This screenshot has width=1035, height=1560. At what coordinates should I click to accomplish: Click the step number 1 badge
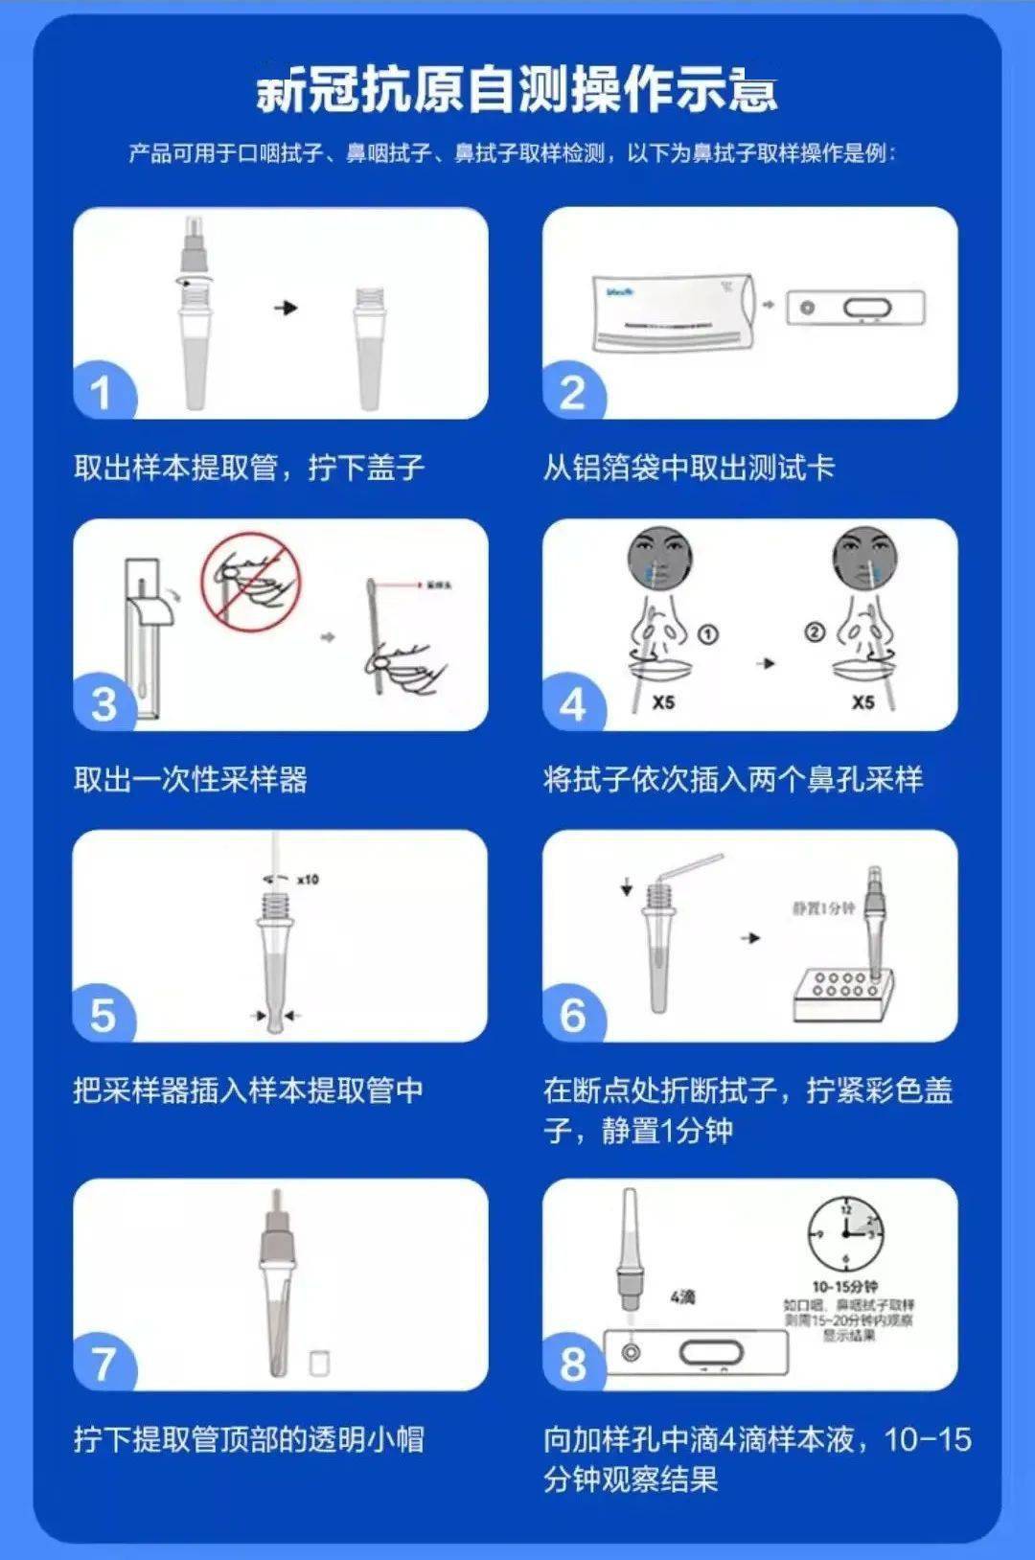coord(102,393)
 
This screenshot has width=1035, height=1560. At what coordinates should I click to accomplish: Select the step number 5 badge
coord(102,1016)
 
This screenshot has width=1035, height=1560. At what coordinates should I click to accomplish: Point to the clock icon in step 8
coord(845,1234)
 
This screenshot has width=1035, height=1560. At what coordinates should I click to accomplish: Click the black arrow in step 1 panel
coord(286,308)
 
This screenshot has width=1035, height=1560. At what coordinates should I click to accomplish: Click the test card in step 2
coord(855,308)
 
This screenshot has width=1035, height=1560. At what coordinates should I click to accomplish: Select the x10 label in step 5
coord(308,879)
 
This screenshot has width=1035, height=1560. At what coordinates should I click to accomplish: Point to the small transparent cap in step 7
coord(319,1363)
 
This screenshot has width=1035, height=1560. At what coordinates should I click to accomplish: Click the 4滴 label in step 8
coord(682,1296)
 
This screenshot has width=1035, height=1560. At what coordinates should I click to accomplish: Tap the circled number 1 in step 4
coord(708,634)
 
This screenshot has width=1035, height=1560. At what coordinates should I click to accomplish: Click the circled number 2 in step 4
coord(814,631)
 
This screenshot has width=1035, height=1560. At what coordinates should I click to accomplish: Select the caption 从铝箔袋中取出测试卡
coord(689,468)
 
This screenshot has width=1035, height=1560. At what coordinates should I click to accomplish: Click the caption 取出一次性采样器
coord(191,779)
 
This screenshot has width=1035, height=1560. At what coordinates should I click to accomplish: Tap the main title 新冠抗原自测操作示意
coord(517,92)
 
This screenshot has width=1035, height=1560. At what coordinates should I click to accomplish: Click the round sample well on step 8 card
coord(631,1352)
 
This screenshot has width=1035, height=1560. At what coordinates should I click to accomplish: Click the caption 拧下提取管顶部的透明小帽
coord(249,1439)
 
